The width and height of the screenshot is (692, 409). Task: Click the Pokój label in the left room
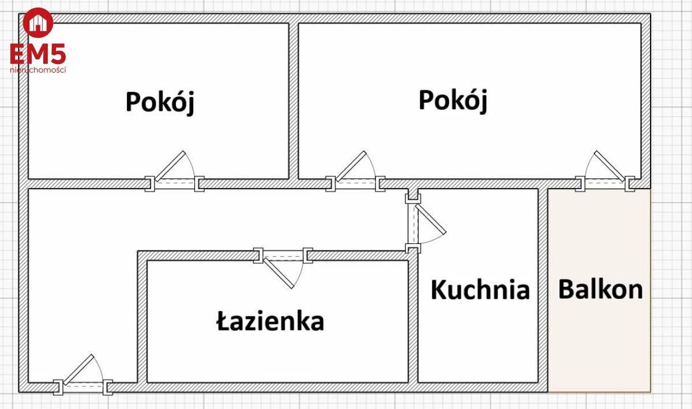pos(160,103)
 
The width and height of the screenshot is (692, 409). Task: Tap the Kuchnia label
pos(480,290)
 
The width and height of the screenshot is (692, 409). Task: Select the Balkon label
pos(600,290)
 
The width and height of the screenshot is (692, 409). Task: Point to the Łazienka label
pos(270,321)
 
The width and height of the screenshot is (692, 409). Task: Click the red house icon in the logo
pos(38,22)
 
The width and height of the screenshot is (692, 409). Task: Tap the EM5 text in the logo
pos(38,54)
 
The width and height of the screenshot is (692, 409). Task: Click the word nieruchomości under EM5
pos(38,70)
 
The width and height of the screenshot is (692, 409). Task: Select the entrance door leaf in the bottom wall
pos(78,370)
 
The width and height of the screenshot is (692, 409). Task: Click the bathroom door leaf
pos(279,273)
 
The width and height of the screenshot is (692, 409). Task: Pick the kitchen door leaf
pos(431,219)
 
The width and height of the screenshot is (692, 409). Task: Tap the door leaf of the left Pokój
pos(170,166)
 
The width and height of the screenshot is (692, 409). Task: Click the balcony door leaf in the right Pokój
pos(609,166)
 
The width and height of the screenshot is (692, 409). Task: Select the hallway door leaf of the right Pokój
pos(351,166)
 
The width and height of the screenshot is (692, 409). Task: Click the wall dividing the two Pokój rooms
pos(294,101)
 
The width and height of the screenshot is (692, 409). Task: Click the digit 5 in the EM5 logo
pos(58,54)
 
